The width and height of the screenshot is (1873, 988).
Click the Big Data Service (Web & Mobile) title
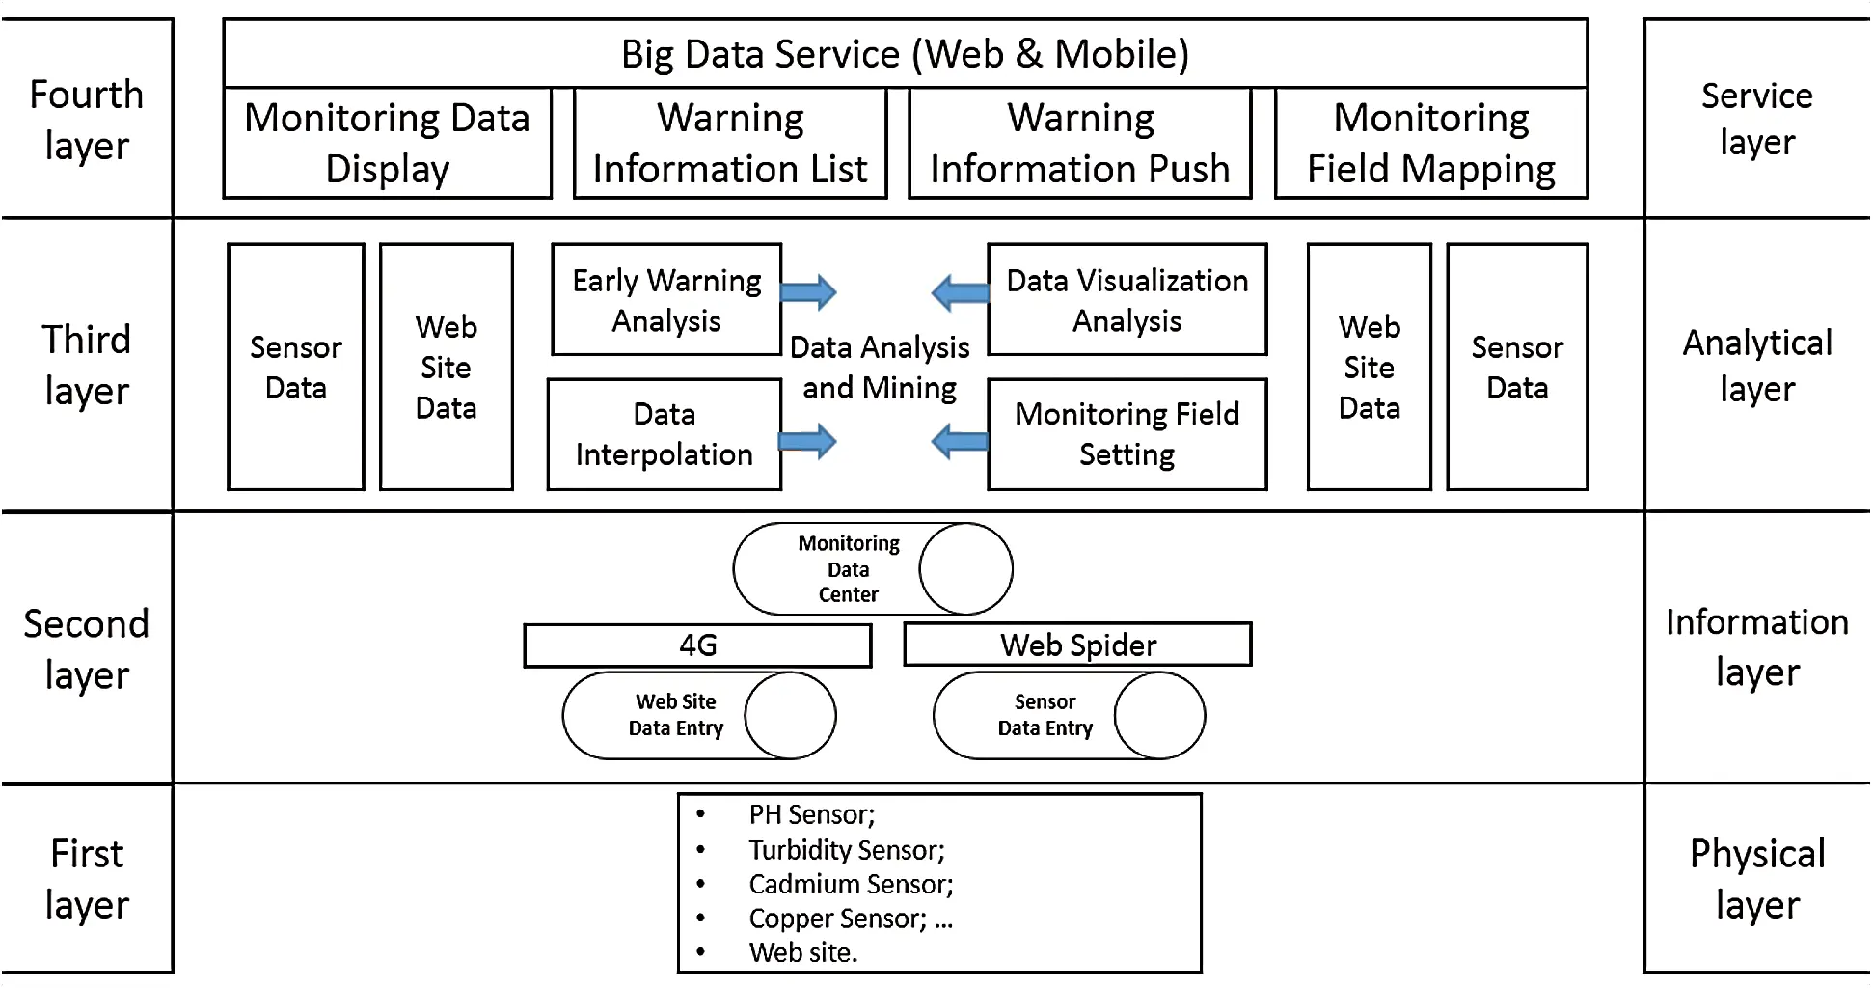coord(905,54)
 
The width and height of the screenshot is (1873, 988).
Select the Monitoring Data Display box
coord(387,144)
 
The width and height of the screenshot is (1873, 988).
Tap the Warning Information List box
coord(730,144)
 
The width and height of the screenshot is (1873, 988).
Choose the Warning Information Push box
coord(1080,144)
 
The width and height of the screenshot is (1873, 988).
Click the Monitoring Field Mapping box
coord(1431,144)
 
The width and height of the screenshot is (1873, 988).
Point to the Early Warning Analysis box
coord(666,300)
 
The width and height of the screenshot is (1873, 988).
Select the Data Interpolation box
coord(665,434)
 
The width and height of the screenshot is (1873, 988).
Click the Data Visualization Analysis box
coord(1127,300)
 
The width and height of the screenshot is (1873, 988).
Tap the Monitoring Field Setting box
coord(1127,434)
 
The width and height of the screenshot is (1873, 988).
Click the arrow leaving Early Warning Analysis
coord(808,291)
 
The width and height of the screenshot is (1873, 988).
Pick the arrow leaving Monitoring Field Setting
coord(960,442)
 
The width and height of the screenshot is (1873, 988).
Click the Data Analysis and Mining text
coord(880,368)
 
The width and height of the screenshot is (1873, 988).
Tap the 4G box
coord(697,645)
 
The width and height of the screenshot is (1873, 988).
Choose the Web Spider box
coord(1077,645)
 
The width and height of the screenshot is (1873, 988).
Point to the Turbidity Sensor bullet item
coord(846,850)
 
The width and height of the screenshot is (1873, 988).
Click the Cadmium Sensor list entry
coord(850,884)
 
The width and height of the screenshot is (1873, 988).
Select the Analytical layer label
coord(1756,366)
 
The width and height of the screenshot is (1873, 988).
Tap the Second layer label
coord(87,648)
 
